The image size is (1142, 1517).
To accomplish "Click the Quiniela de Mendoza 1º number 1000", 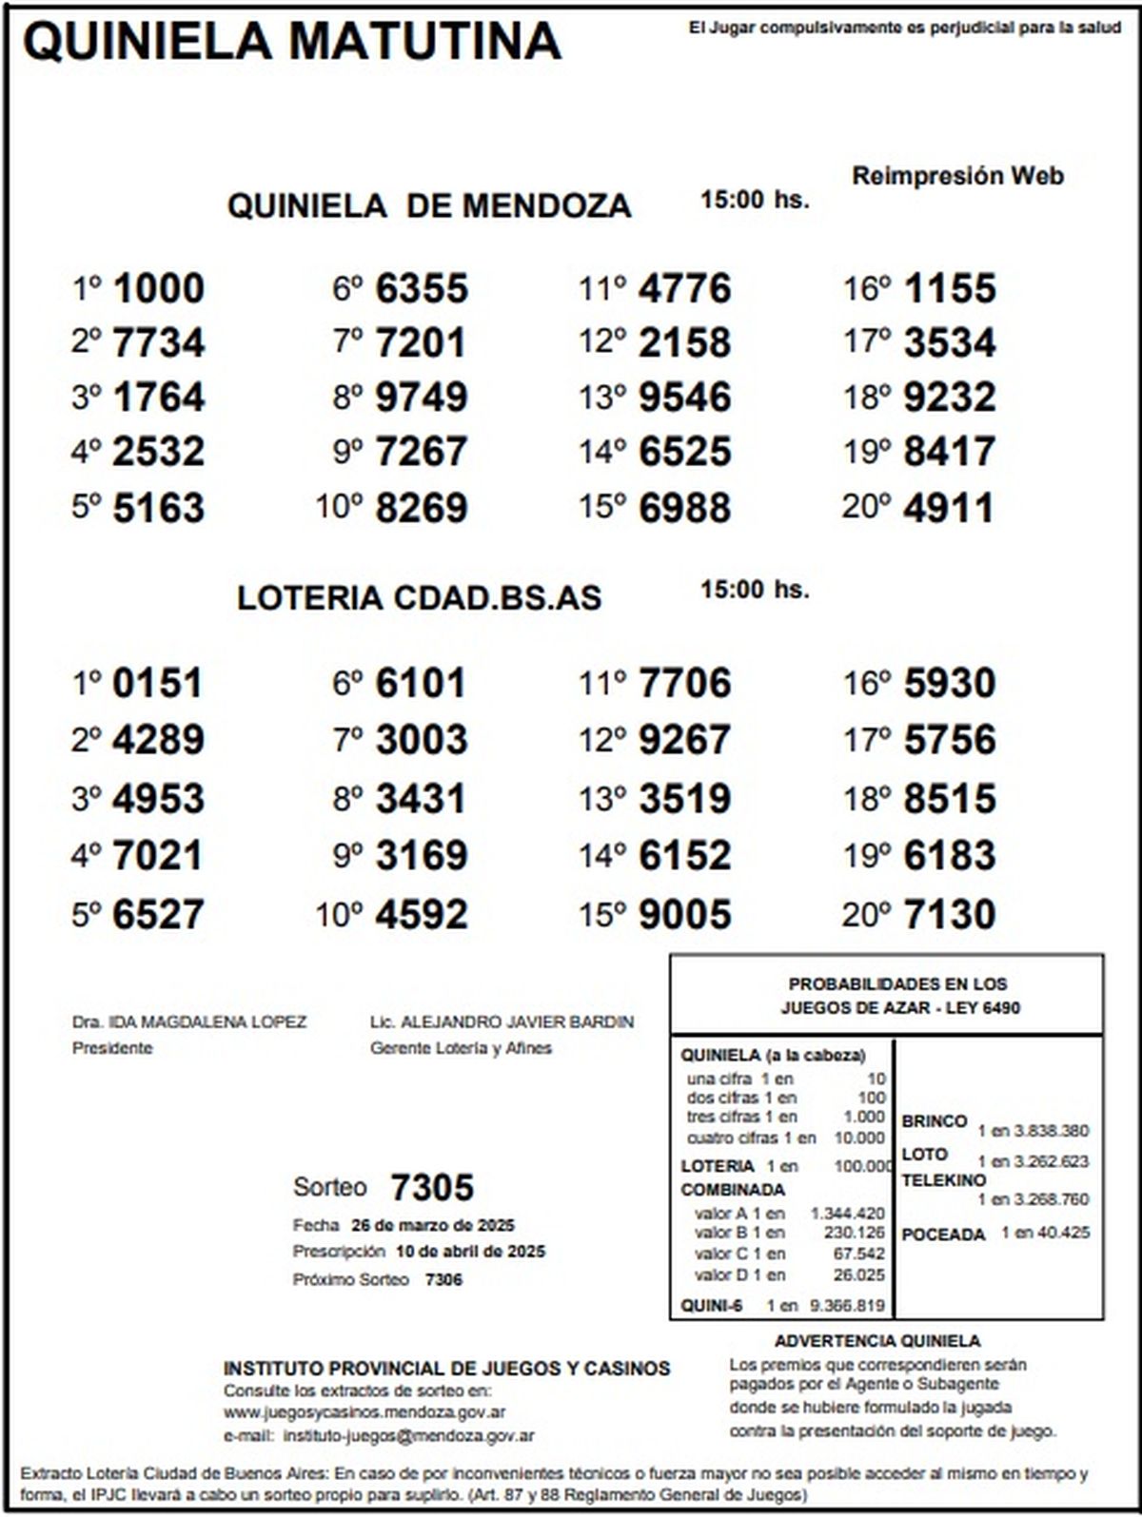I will (x=158, y=288).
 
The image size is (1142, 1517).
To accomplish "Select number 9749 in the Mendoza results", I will (x=422, y=397).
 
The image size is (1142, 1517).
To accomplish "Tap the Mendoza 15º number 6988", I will (x=684, y=507).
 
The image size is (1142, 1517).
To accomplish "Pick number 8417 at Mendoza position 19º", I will (x=949, y=452).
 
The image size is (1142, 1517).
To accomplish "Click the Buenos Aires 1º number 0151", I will (x=158, y=684).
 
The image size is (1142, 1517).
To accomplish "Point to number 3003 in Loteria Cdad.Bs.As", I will (x=422, y=740).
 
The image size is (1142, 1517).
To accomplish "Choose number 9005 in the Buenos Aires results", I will (x=684, y=914).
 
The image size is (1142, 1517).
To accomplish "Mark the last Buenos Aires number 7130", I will (x=949, y=914).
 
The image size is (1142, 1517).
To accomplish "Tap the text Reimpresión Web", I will (x=957, y=176).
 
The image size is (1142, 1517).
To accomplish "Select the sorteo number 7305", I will (x=432, y=1187).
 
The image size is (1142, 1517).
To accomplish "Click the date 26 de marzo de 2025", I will (x=433, y=1225).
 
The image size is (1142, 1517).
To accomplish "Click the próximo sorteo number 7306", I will (x=443, y=1280).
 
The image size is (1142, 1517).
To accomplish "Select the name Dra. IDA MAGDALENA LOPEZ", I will (x=189, y=1022).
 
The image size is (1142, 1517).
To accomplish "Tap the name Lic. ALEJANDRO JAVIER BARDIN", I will (x=502, y=1022).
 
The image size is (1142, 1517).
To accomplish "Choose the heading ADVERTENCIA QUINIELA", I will (x=876, y=1341).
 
